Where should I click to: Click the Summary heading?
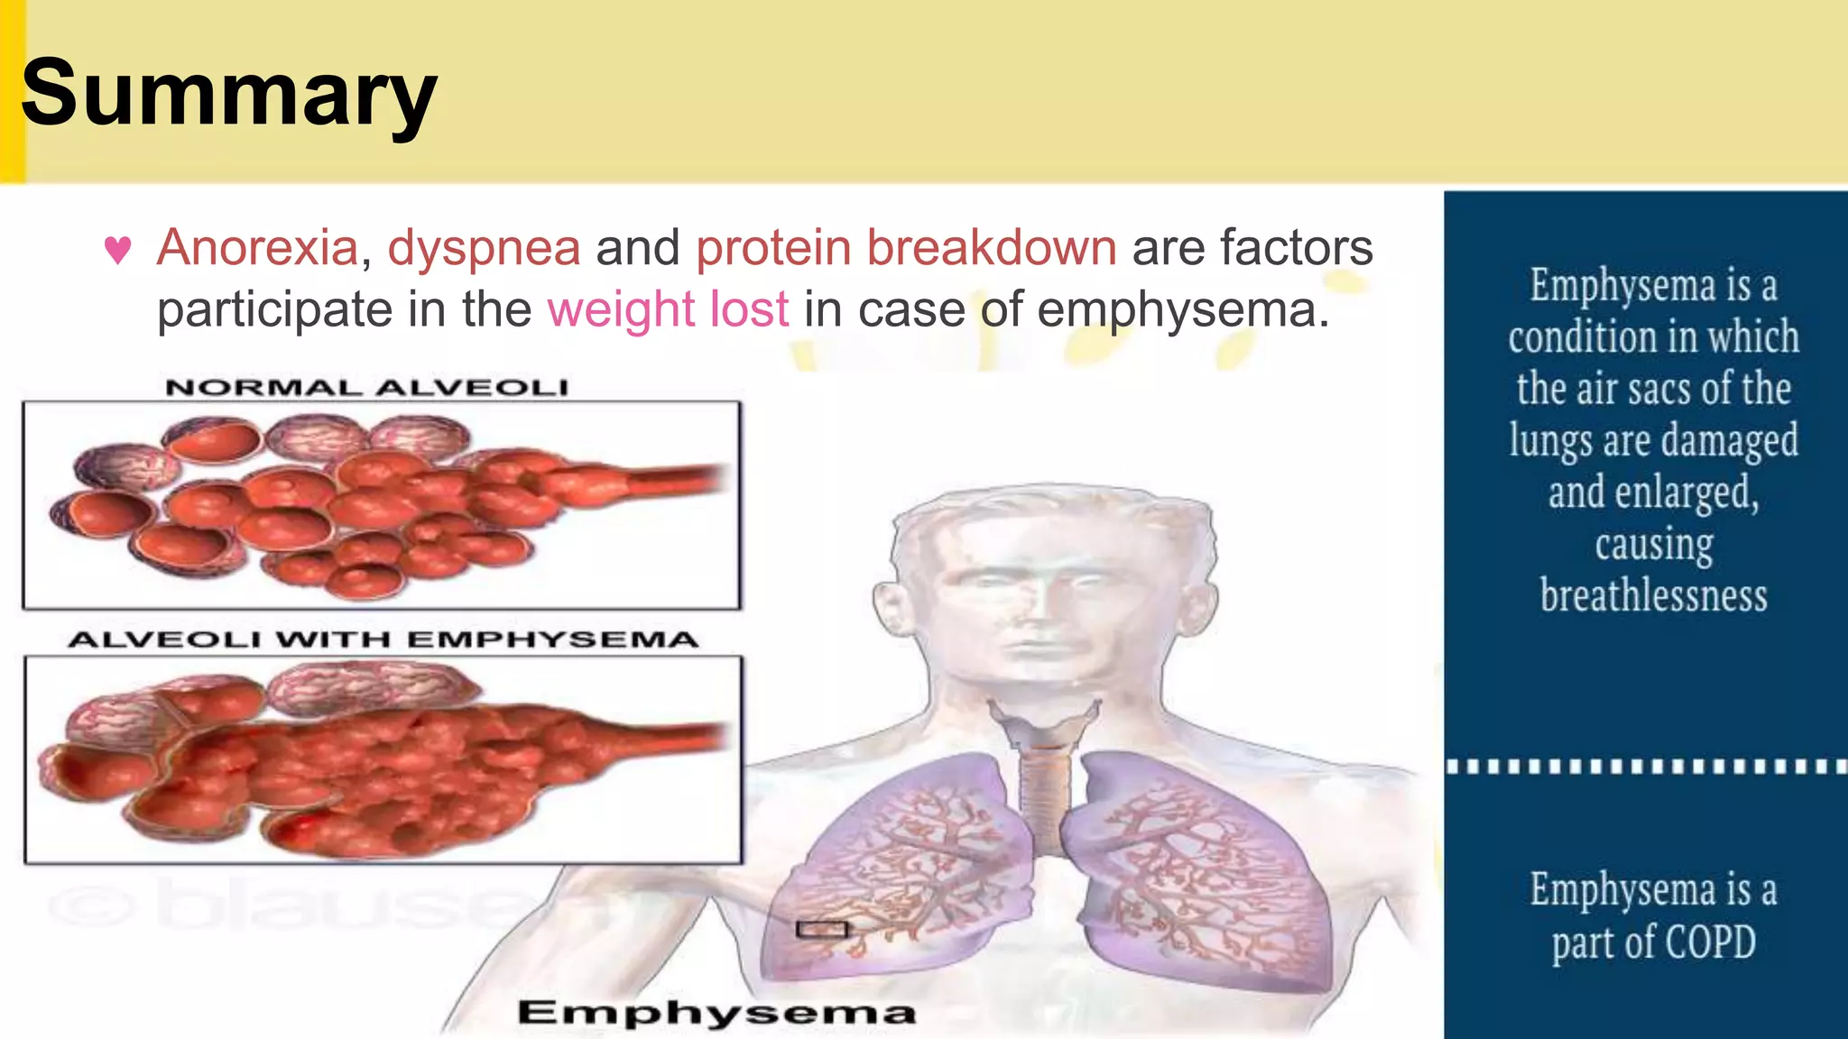tap(228, 94)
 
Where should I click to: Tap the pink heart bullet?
tap(118, 249)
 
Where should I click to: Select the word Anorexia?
tap(258, 247)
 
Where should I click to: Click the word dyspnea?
tap(484, 247)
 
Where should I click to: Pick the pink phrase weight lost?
tap(668, 309)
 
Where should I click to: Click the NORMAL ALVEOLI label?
tap(366, 388)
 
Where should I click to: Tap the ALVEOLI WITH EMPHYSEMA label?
tap(383, 639)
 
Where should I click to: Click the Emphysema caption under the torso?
tap(716, 1013)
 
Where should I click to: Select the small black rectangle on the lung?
tap(822, 929)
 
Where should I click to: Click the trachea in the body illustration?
tap(1045, 794)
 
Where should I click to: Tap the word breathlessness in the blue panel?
tap(1653, 596)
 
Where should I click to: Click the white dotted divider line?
tap(1646, 767)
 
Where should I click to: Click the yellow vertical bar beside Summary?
tap(12, 90)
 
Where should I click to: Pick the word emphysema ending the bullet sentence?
tap(1182, 309)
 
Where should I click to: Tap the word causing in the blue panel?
tap(1653, 545)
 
